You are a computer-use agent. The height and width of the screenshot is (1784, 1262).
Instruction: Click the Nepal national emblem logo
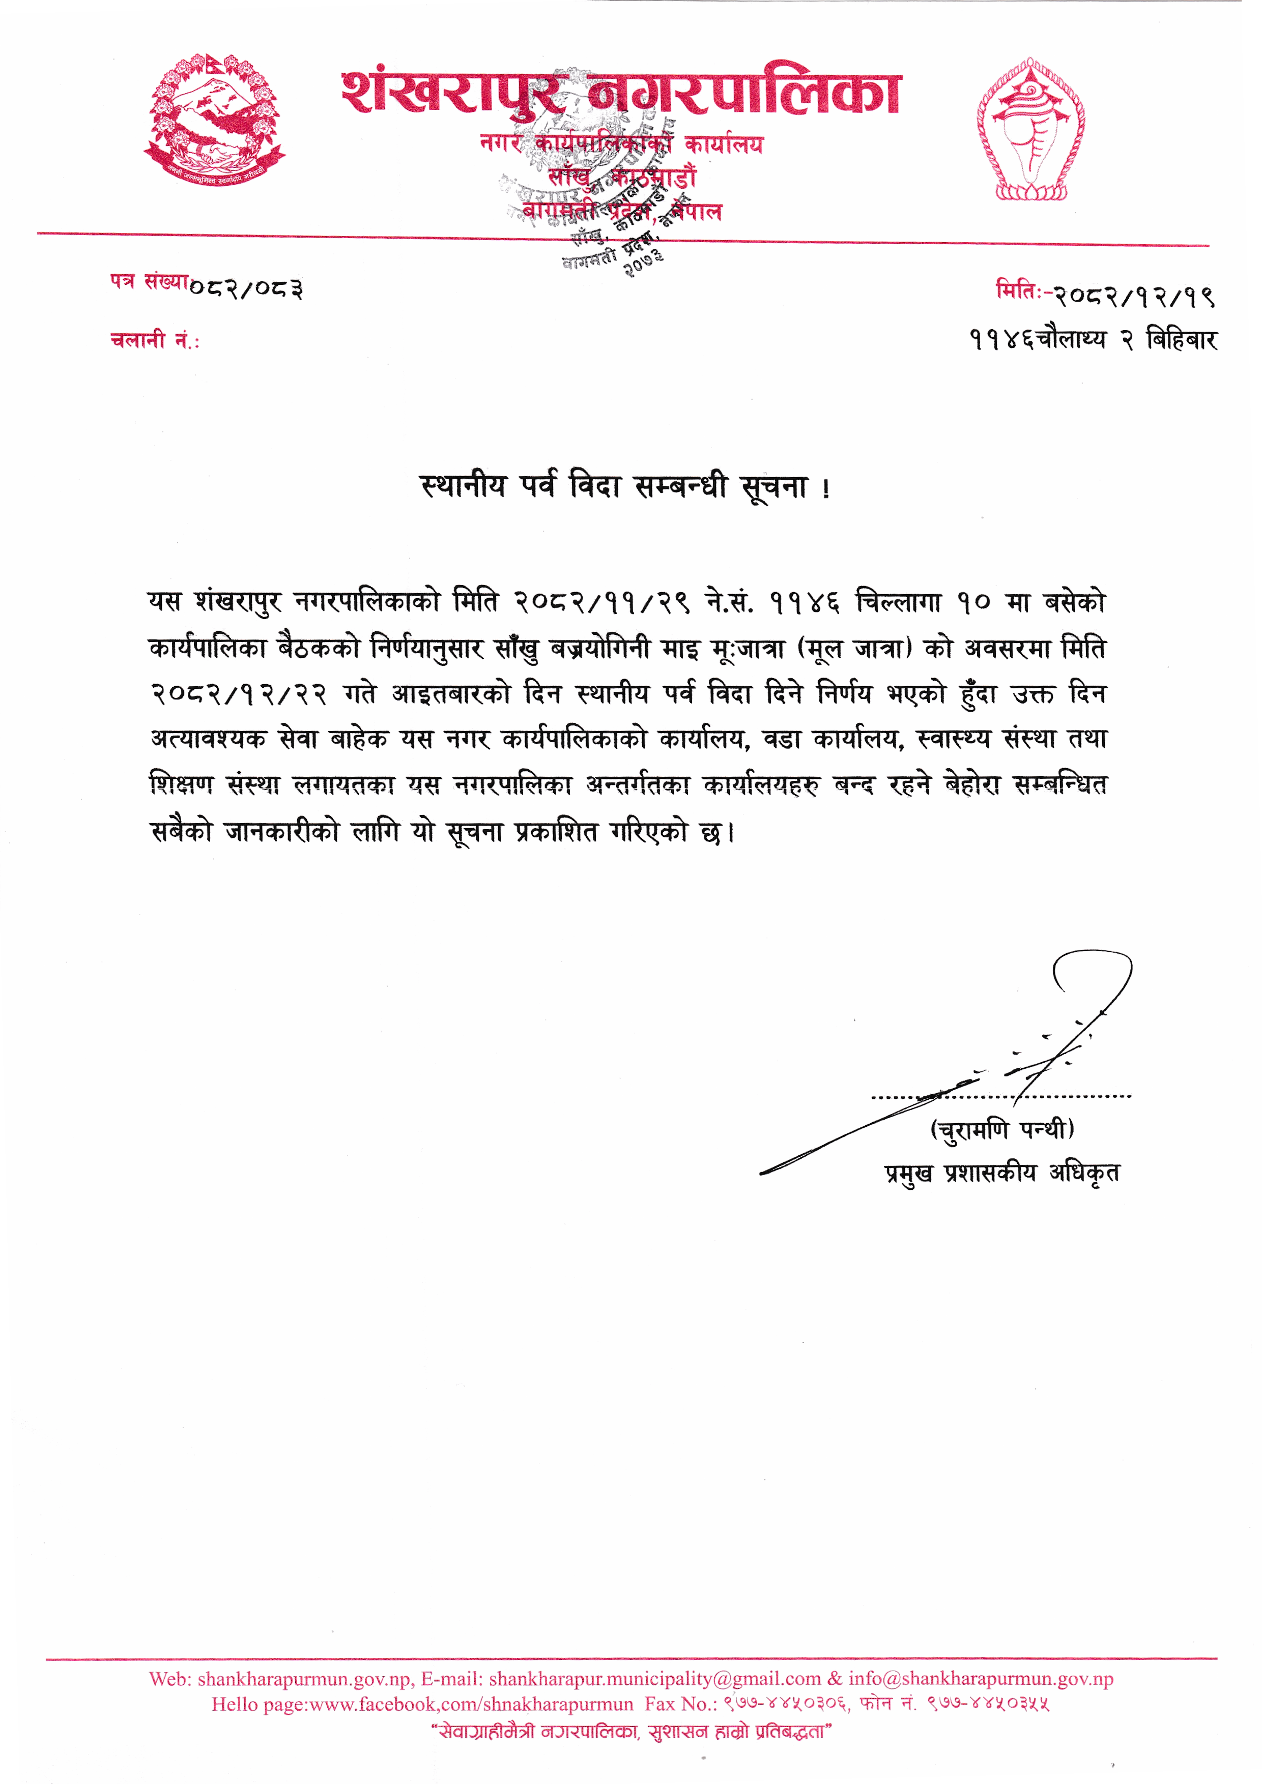(x=214, y=121)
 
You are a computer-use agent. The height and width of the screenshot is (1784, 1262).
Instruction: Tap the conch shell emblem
(x=1031, y=131)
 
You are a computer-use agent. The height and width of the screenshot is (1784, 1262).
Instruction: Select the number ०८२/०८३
(x=246, y=289)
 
